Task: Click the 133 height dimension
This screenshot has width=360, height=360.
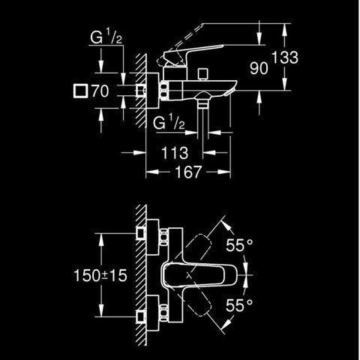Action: coord(285,57)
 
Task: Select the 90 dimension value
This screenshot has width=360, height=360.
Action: coord(259,68)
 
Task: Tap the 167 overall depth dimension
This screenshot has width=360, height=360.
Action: coord(188,172)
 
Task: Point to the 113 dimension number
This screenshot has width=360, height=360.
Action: coord(175,153)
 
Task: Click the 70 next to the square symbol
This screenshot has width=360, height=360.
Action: coord(100,91)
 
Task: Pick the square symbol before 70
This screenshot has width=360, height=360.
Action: coord(80,91)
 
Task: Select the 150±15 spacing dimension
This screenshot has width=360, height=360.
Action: coord(100,275)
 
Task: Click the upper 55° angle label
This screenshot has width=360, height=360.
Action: coord(239,245)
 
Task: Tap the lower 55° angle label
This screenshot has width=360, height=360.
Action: coord(239,305)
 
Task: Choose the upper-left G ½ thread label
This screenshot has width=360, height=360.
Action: coord(106,37)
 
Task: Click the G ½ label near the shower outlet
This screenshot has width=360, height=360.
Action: coord(169,121)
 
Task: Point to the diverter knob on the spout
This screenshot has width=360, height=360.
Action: coord(202,73)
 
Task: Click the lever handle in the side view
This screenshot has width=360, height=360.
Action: coord(190,54)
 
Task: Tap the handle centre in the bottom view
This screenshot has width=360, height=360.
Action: coord(189,276)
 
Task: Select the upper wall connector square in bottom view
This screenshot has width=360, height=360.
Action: coord(140,233)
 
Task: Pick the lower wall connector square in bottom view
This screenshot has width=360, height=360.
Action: coord(140,317)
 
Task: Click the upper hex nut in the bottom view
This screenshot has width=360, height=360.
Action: coord(163,237)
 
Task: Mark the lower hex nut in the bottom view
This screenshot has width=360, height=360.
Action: coord(163,313)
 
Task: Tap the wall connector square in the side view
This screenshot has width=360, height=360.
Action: coord(141,91)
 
